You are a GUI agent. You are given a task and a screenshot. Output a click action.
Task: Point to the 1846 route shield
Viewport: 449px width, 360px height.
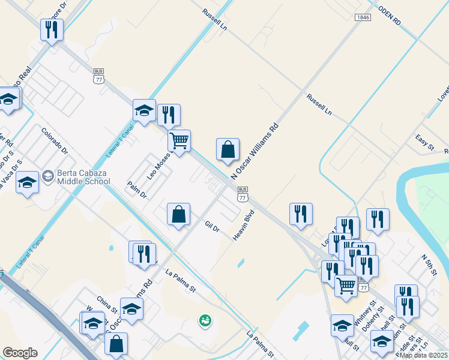click(x=362, y=17)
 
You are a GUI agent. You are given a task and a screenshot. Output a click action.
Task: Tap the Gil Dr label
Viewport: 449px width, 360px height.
click(x=212, y=228)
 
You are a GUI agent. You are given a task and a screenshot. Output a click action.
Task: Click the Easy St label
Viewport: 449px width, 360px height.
click(x=424, y=142)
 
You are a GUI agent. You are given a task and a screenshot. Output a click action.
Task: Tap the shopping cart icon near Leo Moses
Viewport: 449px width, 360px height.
click(x=179, y=140)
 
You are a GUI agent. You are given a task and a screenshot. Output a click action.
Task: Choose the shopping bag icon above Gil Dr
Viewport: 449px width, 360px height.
click(x=179, y=214)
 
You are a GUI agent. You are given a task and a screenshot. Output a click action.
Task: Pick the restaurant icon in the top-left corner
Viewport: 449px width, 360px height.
click(x=52, y=29)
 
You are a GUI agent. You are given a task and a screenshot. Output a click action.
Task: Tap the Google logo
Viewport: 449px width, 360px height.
click(x=20, y=353)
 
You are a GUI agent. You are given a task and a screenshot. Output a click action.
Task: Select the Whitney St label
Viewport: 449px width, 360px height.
click(x=365, y=313)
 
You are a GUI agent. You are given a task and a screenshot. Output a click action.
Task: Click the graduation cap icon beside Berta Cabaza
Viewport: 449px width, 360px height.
click(x=27, y=182)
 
